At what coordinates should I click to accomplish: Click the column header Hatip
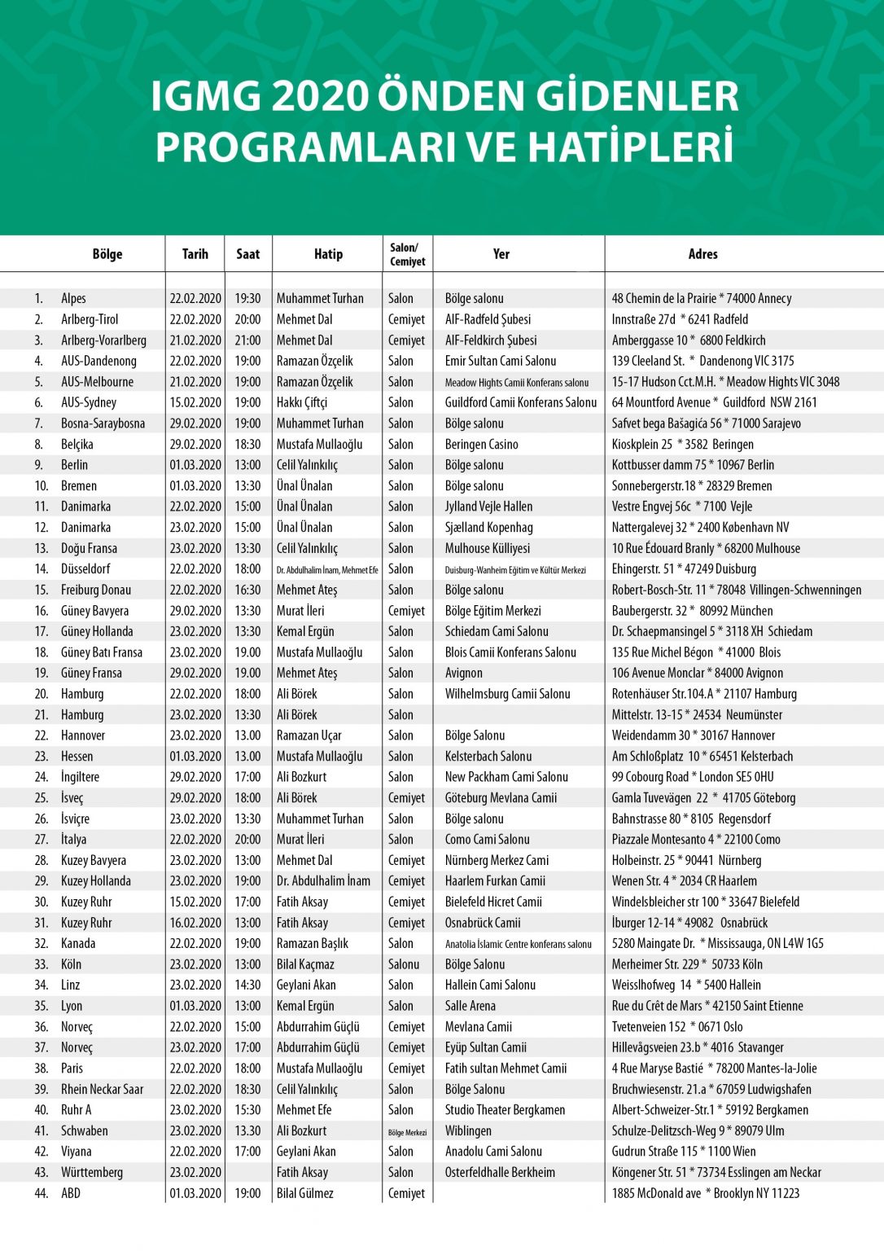point(328,254)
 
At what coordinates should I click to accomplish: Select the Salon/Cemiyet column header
point(407,254)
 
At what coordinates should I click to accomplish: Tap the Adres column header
point(702,254)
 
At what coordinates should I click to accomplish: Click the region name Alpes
point(73,299)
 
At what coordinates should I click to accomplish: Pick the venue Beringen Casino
point(481,445)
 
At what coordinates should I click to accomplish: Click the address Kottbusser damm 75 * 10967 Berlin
point(693,465)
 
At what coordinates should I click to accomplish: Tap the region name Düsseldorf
point(85,569)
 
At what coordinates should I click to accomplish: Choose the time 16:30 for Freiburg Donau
point(247,590)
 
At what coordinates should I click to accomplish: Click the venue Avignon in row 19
point(463,674)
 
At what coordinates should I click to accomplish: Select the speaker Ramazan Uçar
point(309,735)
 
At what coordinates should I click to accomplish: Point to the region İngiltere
point(80,777)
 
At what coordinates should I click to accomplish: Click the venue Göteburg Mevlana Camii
point(501,798)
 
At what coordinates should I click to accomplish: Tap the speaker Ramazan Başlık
point(312,944)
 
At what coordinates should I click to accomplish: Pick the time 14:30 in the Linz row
point(247,985)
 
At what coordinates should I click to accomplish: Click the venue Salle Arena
point(470,1007)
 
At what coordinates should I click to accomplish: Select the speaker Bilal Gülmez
point(304,1194)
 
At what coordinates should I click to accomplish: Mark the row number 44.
point(41,1194)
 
